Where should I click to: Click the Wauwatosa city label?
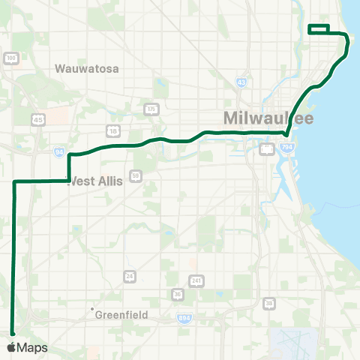[87, 68]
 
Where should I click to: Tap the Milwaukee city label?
[268, 118]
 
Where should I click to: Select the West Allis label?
[95, 181]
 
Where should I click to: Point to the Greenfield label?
[121, 315]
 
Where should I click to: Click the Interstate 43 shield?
[241, 82]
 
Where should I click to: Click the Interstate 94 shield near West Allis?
[59, 151]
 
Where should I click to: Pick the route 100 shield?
[10, 58]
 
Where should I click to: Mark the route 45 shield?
[38, 119]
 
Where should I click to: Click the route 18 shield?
[113, 130]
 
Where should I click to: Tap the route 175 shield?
[152, 109]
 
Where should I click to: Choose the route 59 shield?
[136, 175]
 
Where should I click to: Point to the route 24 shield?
[130, 276]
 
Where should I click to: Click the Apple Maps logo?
[26, 348]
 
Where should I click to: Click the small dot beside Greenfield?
[92, 309]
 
